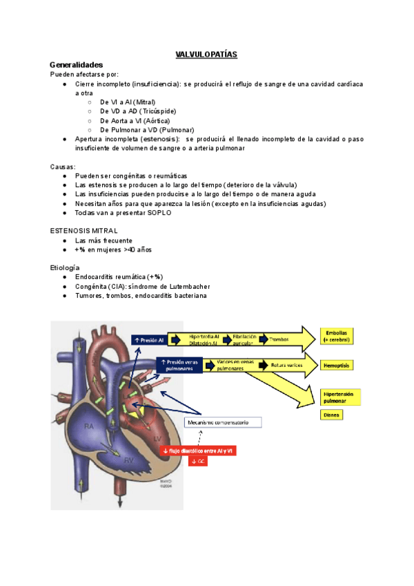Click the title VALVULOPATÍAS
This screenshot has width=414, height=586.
(207, 54)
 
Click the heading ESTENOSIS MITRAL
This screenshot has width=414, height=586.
(83, 230)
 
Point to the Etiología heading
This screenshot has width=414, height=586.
(65, 267)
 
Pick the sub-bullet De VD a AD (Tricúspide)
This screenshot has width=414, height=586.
(138, 111)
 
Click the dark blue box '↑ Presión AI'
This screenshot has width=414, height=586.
(150, 339)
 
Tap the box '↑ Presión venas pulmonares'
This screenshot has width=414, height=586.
(179, 365)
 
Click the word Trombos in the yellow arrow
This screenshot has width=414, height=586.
(279, 339)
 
